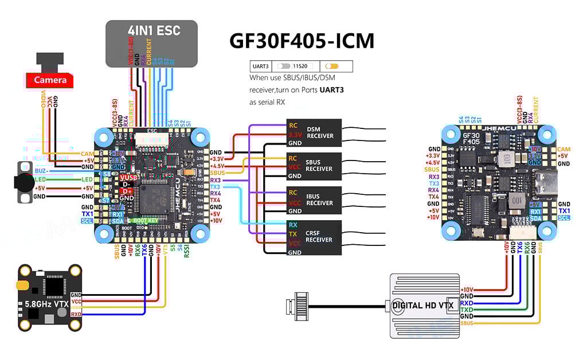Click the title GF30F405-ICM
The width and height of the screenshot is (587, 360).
(302, 41)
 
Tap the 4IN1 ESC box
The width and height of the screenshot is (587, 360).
(151, 43)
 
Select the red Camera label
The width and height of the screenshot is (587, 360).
(50, 80)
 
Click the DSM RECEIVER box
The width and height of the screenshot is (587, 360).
(314, 132)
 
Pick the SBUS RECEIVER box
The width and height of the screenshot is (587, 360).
(314, 166)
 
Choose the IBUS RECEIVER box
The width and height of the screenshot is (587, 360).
(314, 200)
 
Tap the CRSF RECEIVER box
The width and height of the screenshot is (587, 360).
(314, 236)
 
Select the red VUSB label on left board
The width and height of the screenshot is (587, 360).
(127, 178)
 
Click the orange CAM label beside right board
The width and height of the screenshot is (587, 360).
(563, 149)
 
